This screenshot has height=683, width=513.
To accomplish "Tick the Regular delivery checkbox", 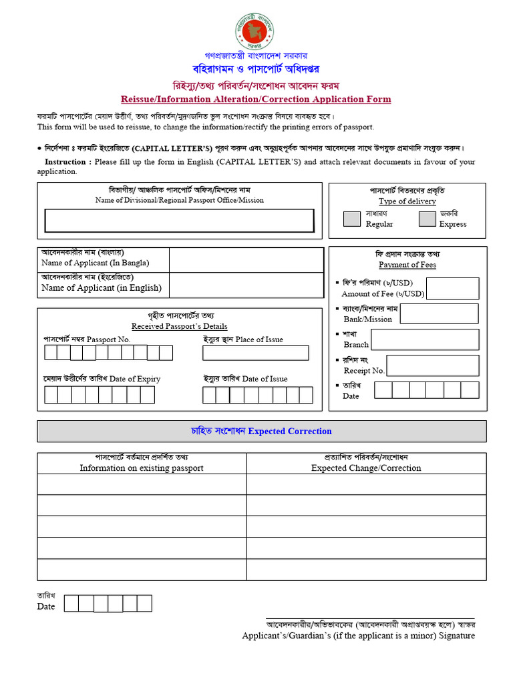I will (351, 219).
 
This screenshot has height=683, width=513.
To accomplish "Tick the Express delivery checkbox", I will (427, 219).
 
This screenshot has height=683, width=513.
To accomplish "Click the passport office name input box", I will (179, 221).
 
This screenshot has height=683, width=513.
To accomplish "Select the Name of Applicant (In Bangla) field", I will (246, 259).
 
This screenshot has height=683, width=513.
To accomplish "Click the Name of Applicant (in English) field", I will (246, 285).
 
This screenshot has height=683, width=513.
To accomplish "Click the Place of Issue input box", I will (256, 353).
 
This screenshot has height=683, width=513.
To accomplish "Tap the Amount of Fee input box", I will (452, 288).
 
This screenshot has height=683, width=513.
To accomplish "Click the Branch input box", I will (425, 339).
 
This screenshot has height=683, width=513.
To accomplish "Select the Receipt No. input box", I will (433, 366).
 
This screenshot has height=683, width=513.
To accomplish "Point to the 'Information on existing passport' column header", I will (142, 468).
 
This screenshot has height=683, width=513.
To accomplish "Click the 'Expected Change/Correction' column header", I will (366, 468).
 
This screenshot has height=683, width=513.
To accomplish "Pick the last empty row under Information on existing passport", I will (142, 569).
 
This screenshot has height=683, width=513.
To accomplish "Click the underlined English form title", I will (256, 99).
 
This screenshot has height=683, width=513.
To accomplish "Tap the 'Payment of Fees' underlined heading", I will (407, 265).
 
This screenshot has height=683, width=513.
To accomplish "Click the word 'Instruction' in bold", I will (65, 161).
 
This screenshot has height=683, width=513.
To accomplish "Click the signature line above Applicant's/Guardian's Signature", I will (370, 618).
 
